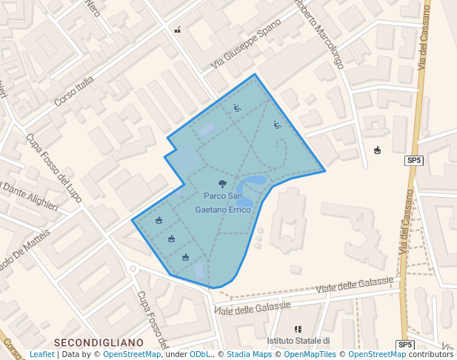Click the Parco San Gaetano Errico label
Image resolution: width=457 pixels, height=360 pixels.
(x=223, y=203)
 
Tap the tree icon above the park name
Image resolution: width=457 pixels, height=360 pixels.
(x=223, y=184)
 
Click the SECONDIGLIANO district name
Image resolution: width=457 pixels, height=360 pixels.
(x=98, y=342)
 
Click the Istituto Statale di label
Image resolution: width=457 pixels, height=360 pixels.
(x=298, y=341)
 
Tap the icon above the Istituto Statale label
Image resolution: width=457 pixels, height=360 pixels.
(x=298, y=328)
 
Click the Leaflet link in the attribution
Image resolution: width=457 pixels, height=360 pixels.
(x=42, y=354)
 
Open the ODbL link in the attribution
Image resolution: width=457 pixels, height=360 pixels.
(x=200, y=354)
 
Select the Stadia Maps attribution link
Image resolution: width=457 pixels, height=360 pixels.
(x=249, y=354)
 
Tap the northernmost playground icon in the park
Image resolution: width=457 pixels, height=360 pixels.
(x=237, y=108)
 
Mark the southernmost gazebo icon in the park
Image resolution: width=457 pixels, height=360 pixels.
(x=185, y=257)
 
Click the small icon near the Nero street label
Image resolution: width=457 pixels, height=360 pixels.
(x=178, y=30)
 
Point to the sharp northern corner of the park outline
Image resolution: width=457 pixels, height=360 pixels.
(x=256, y=74)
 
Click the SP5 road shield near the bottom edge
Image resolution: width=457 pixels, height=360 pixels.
(x=405, y=345)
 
